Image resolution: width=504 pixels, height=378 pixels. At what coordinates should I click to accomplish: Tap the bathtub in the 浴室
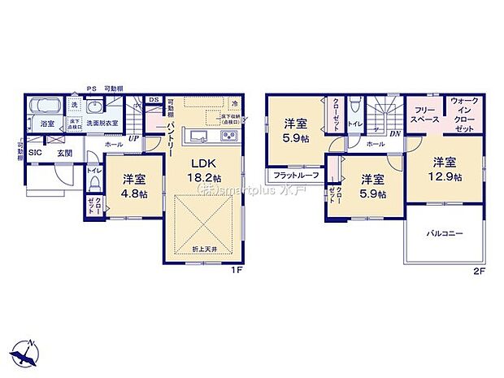click(x=46, y=107)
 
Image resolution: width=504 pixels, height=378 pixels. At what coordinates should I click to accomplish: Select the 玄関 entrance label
click(x=65, y=153)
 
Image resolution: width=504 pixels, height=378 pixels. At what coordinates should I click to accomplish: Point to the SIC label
click(x=36, y=153)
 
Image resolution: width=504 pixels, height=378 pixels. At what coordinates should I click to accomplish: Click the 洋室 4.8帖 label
click(x=135, y=186)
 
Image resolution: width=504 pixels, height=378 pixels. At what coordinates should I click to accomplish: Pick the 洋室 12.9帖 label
click(x=447, y=169)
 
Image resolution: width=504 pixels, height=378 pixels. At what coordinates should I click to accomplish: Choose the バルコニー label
click(x=445, y=233)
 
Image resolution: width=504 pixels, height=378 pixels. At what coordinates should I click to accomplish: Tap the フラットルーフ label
click(x=295, y=175)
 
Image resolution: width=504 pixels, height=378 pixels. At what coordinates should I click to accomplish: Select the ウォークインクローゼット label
click(x=464, y=114)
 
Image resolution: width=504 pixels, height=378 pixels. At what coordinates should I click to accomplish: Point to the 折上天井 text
click(x=205, y=247)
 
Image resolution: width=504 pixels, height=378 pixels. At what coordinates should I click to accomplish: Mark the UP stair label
click(x=132, y=137)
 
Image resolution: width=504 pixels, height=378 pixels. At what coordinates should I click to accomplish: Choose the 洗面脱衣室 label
click(x=103, y=123)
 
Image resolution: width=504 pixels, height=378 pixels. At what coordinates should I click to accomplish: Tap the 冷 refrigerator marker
click(x=235, y=104)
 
